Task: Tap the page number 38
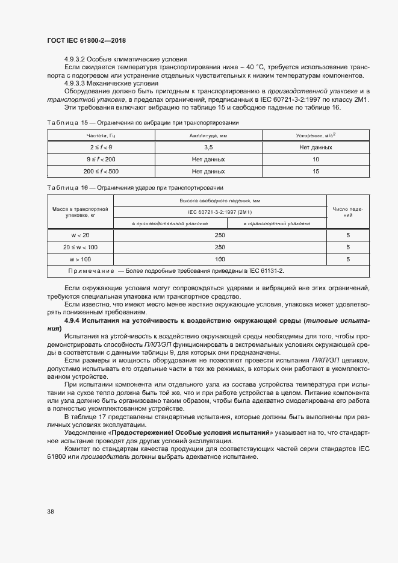click(50, 511)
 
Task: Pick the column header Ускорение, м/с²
click(316, 136)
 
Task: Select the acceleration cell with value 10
click(316, 160)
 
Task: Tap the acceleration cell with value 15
click(316, 172)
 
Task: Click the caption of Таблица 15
click(143, 122)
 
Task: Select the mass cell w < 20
click(80, 235)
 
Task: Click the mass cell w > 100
click(80, 259)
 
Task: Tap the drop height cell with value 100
click(220, 259)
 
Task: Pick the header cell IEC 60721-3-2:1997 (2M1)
click(220, 212)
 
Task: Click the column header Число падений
click(347, 211)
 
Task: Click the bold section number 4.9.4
click(73, 320)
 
